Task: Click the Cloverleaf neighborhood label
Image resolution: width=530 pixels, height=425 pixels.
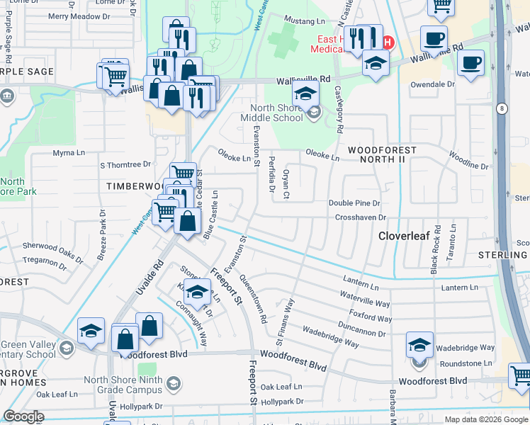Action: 403,235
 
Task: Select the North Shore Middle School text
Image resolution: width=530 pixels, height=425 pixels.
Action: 271,113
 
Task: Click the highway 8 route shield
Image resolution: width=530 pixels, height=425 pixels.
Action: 502,107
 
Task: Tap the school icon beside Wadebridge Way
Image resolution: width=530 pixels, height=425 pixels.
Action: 419,345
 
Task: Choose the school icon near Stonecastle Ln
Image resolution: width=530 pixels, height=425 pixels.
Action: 197,290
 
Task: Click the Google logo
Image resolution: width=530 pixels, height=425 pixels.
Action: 23,416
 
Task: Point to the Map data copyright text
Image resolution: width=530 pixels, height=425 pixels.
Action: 485,419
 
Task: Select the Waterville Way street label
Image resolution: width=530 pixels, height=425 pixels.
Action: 365,298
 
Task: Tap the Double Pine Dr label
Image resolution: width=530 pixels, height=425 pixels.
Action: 354,203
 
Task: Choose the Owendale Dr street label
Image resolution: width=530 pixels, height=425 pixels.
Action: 433,84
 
